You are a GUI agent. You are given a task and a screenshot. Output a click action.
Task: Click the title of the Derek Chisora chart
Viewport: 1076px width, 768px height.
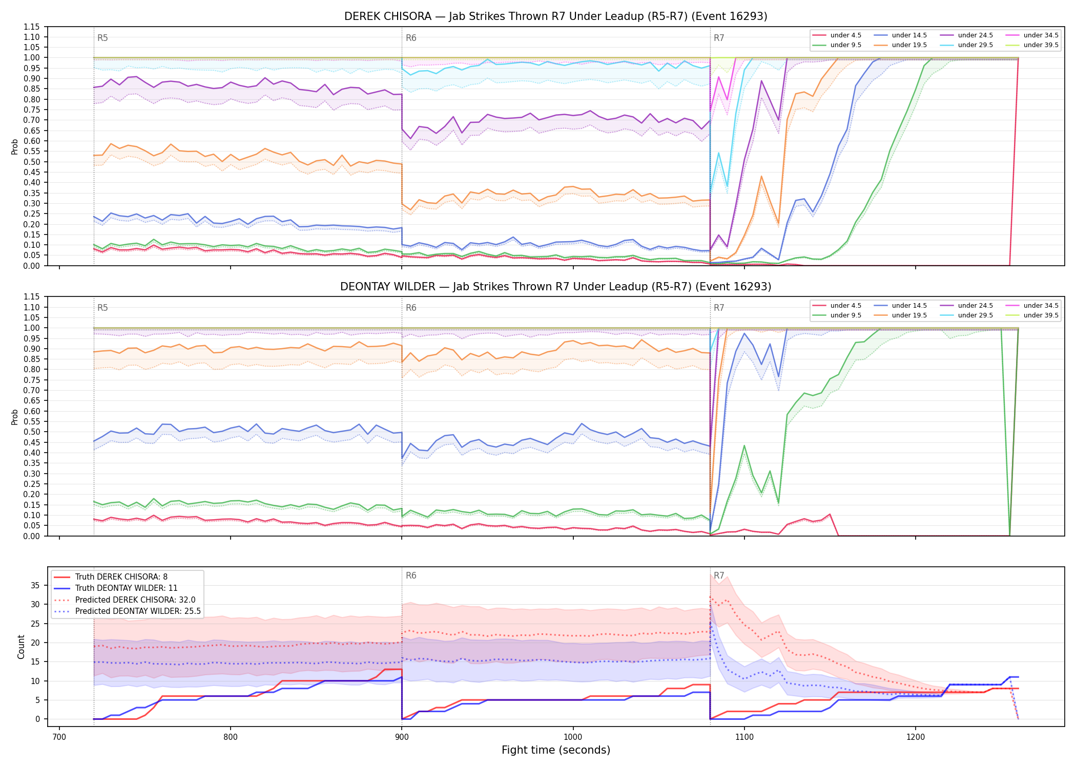[x=556, y=16]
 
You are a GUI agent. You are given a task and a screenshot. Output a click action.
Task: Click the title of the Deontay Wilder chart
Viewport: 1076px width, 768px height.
[x=556, y=287]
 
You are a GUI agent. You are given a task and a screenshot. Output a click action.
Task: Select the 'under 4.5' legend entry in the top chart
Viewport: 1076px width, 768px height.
[x=837, y=35]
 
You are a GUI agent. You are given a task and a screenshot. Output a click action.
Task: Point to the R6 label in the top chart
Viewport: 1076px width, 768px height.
[x=411, y=38]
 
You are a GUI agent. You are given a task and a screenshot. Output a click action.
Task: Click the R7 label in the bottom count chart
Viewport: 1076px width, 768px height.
[x=719, y=575]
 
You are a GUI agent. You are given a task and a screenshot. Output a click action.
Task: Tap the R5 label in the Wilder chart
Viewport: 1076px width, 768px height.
[x=102, y=308]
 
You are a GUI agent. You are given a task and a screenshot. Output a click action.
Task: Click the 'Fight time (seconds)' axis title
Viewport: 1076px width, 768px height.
[x=556, y=750]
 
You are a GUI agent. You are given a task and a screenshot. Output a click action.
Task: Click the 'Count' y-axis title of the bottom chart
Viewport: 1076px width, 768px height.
[x=21, y=647]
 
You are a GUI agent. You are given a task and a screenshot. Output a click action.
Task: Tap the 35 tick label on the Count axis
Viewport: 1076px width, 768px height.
[x=35, y=585]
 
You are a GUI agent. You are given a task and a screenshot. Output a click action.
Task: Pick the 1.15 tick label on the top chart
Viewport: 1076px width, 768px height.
[x=32, y=27]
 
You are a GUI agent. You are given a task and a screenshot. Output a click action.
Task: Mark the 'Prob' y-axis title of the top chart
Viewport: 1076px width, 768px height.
[x=15, y=146]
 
